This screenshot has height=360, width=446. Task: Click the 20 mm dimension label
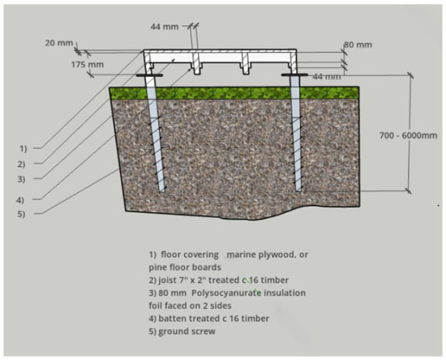tap(59, 43)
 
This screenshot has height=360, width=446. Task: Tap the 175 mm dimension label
tap(88, 65)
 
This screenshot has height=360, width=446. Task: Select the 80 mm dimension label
tap(358, 45)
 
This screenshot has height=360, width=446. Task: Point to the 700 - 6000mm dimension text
tap(408, 135)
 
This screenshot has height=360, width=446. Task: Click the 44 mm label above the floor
tap(165, 27)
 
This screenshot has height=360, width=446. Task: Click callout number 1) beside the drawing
tap(24, 148)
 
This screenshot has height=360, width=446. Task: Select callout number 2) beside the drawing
tap(22, 165)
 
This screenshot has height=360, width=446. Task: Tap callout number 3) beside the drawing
tap(22, 179)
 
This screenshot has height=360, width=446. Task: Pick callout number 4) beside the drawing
tap(20, 200)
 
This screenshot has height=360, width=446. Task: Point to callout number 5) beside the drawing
tap(22, 214)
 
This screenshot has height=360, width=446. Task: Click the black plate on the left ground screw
tap(149, 75)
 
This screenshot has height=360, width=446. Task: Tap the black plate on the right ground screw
tap(294, 75)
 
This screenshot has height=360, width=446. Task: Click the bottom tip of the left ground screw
tap(162, 192)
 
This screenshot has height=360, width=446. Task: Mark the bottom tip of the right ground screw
tap(298, 191)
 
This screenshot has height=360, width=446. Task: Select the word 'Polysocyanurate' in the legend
tap(226, 294)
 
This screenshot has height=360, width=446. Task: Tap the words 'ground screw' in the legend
tap(187, 332)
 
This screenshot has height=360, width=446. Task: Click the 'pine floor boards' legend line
tap(185, 268)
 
